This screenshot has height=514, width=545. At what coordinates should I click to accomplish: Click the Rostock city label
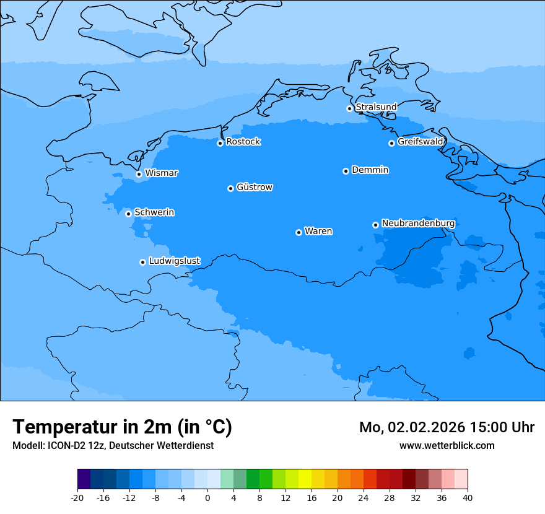[243, 142]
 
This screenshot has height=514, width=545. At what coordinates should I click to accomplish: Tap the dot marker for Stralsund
[349, 108]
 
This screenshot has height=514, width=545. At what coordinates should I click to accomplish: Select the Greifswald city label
[420, 142]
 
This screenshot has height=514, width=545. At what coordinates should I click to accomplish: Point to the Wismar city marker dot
[139, 174]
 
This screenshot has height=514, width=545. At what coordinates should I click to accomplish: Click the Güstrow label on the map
[254, 187]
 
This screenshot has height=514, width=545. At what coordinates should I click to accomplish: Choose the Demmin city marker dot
[346, 171]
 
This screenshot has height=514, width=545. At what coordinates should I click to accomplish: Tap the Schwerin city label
[154, 212]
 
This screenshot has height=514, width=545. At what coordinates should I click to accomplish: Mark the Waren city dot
[299, 232]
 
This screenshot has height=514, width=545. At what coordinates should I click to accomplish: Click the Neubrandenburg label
[418, 223]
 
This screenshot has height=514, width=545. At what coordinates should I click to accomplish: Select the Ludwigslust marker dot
[142, 262]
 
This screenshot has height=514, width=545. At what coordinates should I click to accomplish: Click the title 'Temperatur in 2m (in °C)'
[122, 427]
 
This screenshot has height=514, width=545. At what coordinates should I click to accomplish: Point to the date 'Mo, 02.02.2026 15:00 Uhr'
[447, 427]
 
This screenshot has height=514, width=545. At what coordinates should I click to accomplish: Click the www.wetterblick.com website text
[447, 445]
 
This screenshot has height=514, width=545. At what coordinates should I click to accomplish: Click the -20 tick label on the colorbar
[77, 498]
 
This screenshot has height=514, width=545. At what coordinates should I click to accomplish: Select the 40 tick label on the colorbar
[468, 498]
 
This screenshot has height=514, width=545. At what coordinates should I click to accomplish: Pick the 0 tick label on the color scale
[207, 498]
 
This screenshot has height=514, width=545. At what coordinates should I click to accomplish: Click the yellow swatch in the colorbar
[305, 479]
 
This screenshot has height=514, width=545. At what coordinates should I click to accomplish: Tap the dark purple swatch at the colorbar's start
[84, 479]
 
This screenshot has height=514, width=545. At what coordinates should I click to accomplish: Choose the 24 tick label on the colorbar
[364, 498]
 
